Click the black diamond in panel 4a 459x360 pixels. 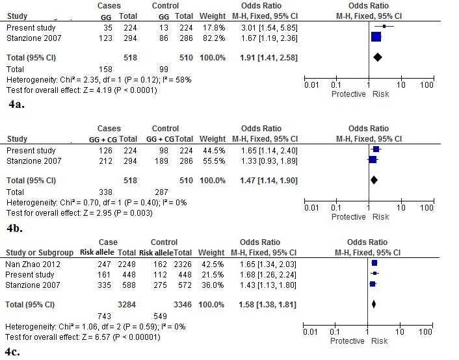click(x=378, y=57)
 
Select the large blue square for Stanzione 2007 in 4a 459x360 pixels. click(x=376, y=37)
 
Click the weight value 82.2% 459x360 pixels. click(x=214, y=38)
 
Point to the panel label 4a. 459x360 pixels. click(x=16, y=104)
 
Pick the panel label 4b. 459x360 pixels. click(x=15, y=228)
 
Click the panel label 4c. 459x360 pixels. click(x=13, y=352)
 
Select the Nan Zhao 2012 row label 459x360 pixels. click(x=33, y=264)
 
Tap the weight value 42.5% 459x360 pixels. click(x=213, y=264)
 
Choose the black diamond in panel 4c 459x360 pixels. click(x=374, y=304)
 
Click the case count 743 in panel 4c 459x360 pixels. click(x=104, y=316)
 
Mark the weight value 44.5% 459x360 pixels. click(x=214, y=151)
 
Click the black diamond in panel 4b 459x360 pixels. click(x=374, y=180)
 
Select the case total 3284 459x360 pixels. click(x=127, y=304)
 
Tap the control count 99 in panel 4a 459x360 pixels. click(x=164, y=70)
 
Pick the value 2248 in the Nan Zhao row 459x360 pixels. click(x=127, y=264)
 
